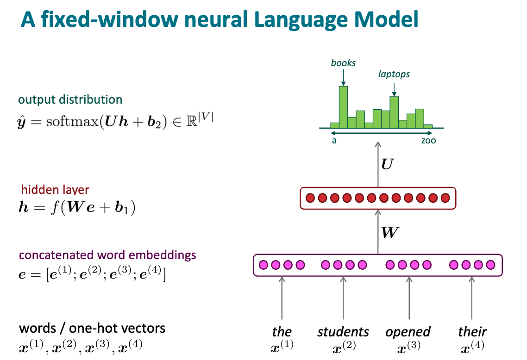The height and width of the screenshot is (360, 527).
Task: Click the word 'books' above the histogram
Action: click(x=343, y=62)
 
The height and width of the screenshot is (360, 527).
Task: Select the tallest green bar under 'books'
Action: click(x=343, y=107)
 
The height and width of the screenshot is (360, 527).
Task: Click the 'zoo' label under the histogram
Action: click(x=428, y=140)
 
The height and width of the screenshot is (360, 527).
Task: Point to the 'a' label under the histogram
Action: click(x=334, y=140)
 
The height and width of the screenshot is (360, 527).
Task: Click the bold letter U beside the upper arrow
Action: click(x=388, y=163)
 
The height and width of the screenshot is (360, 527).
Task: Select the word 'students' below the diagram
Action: click(x=343, y=332)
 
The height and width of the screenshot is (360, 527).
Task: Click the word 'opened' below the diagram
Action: click(x=408, y=332)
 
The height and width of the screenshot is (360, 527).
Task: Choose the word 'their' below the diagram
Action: click(x=472, y=332)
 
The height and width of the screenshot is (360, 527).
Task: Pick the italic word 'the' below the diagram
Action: click(x=282, y=332)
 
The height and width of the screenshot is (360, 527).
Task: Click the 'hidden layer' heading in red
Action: click(x=55, y=190)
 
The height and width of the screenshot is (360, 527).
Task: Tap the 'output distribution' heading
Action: click(x=70, y=99)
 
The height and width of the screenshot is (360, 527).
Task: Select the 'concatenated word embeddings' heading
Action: click(x=107, y=255)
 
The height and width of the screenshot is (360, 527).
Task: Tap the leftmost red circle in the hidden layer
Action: click(x=310, y=198)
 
